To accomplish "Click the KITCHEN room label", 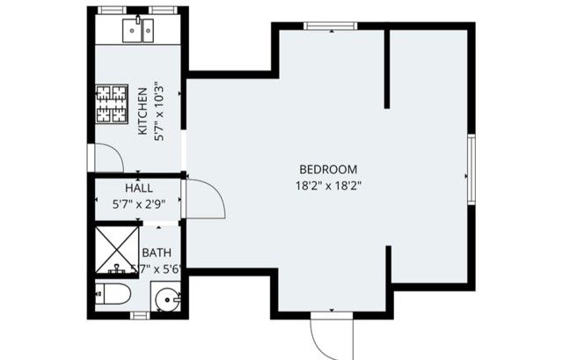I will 143,120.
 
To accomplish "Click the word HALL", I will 138,188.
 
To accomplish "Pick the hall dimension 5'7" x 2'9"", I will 138,204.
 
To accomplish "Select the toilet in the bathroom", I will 113,295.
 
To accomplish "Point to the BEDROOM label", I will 328,169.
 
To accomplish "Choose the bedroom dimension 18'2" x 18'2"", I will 328,185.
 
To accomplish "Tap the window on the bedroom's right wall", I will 471,170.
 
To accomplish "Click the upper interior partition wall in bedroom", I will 387,69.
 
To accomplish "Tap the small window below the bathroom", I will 138,315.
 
